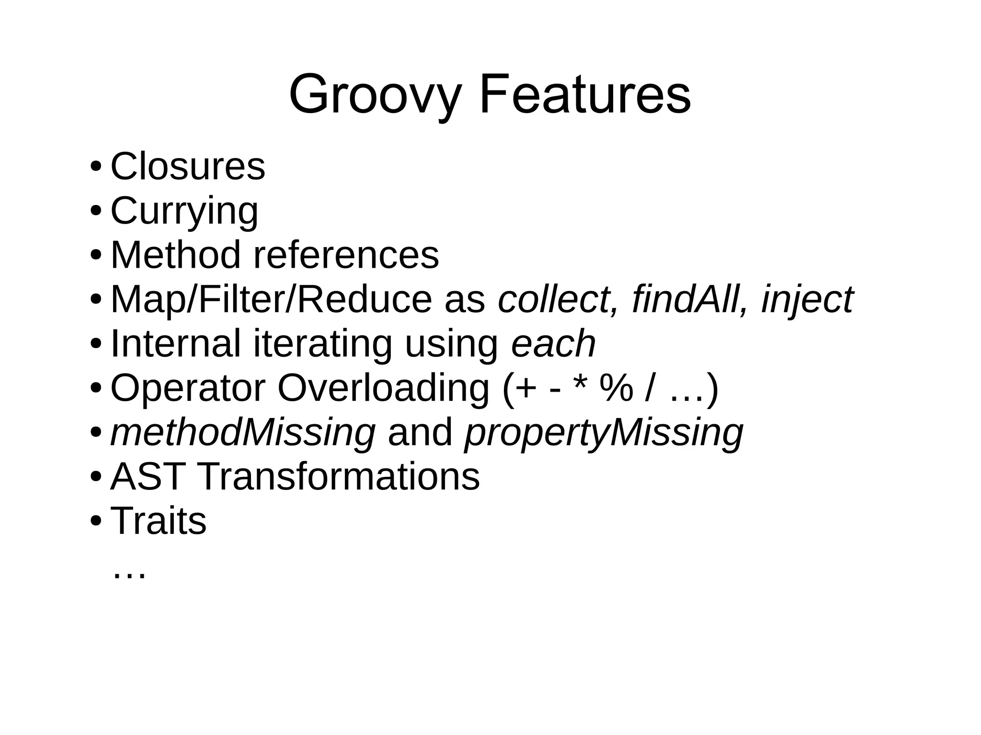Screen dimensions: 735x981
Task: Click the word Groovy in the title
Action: pos(375,94)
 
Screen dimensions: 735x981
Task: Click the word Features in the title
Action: pos(585,94)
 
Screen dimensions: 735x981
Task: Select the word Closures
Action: pos(188,166)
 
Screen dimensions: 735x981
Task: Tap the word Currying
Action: pos(184,211)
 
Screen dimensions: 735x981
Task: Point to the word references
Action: pos(346,255)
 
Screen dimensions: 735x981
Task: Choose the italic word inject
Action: pos(807,299)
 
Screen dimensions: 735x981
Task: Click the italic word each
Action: pos(553,343)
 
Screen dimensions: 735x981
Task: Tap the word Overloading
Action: pos(383,388)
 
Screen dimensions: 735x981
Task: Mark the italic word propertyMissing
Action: pos(604,432)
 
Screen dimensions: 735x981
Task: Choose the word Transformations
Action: pos(338,476)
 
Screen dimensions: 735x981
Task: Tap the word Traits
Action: pos(159,520)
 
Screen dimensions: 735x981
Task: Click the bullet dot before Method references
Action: pos(95,255)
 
